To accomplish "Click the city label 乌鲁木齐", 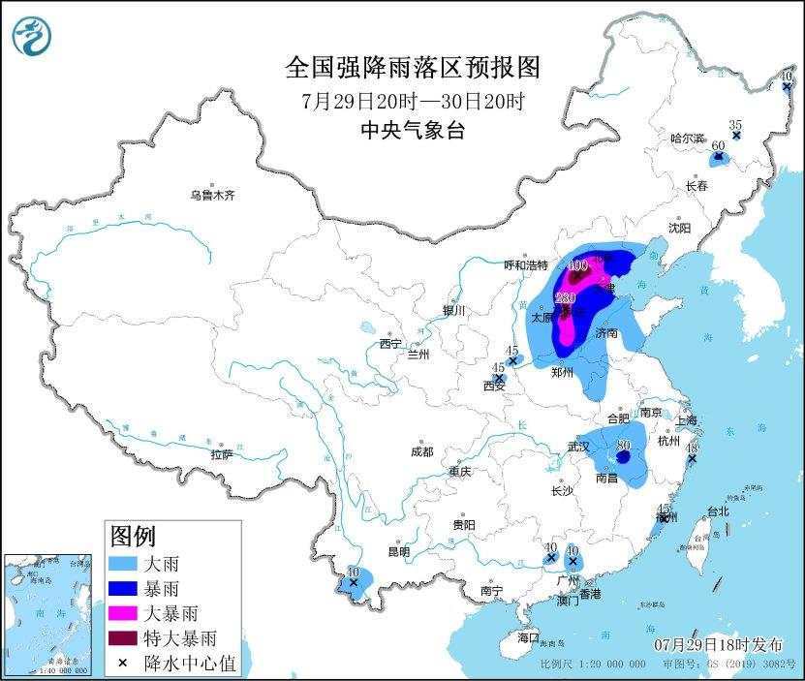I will tap(212, 195).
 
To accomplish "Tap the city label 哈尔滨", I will tap(690, 139).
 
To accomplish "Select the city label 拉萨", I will tap(222, 454).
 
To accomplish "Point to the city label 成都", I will tap(421, 451).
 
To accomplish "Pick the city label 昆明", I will tap(399, 551).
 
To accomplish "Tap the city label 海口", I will tap(527, 638).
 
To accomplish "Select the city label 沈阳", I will tap(679, 228).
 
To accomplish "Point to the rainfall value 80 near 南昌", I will tap(624, 447).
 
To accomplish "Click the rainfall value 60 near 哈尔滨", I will tap(718, 146).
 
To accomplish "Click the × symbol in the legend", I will tap(126, 664).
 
